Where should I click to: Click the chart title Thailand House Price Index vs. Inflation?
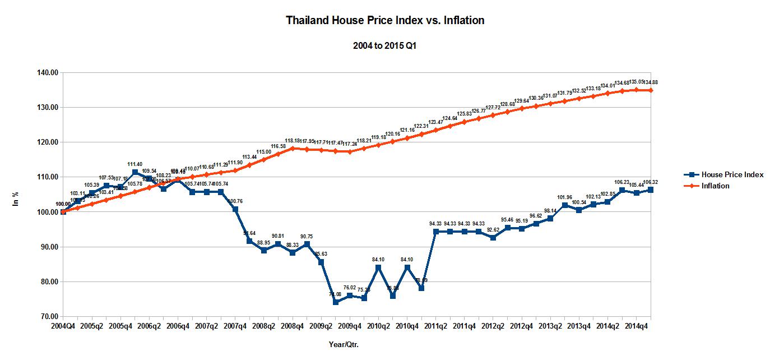(385, 21)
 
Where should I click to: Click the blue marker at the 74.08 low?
(336, 302)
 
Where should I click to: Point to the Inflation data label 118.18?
(293, 141)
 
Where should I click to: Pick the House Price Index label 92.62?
(493, 230)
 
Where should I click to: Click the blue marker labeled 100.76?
(235, 209)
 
